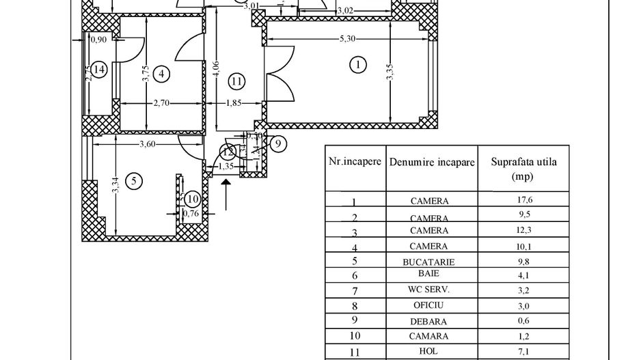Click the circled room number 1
pyautogui.click(x=357, y=65)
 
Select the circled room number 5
pyautogui.click(x=134, y=180)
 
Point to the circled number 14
pyautogui.click(x=100, y=69)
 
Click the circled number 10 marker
pyautogui.click(x=192, y=199)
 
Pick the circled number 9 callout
pyautogui.click(x=277, y=143)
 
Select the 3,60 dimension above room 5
pyautogui.click(x=148, y=144)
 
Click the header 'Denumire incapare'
pyautogui.click(x=431, y=164)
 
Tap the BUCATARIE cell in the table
pyautogui.click(x=429, y=261)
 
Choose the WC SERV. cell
pyautogui.click(x=429, y=290)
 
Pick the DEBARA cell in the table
pyautogui.click(x=429, y=320)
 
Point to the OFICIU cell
pyautogui.click(x=429, y=305)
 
